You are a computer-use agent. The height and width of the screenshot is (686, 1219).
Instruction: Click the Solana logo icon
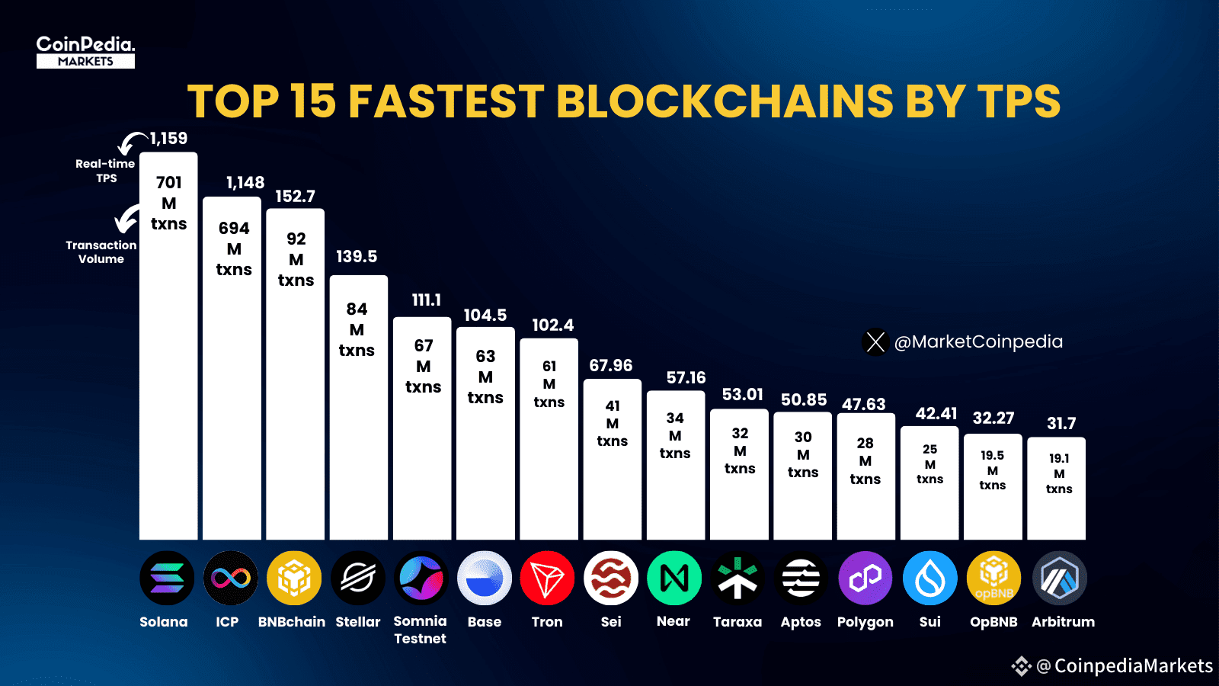pos(167,579)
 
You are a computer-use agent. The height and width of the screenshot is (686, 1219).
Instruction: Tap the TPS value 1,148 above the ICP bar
pos(245,183)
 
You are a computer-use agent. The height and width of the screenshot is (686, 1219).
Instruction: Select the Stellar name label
pos(357,622)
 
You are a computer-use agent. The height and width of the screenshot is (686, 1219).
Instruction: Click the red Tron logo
pos(547,579)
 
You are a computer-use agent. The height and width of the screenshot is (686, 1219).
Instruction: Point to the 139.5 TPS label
pos(357,257)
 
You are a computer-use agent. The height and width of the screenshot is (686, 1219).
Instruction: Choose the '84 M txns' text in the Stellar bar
pos(357,329)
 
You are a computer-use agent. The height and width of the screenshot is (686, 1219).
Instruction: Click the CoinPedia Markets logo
pos(85,52)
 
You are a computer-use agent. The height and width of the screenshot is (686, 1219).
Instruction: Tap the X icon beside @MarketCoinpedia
pos(875,341)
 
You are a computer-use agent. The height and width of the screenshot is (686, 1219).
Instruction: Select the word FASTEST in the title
pos(446,101)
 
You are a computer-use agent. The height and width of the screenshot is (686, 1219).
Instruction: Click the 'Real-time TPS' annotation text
pos(105,171)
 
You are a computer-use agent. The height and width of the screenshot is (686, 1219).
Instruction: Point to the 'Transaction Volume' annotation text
pos(101,252)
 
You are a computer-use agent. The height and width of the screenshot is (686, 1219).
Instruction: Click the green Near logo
pos(673,579)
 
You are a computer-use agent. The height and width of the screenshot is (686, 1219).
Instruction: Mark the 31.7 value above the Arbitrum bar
pos(1061,424)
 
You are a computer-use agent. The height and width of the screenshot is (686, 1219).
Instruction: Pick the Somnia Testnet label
pos(420,630)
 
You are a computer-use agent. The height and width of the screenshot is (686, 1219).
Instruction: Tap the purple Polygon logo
pos(865,579)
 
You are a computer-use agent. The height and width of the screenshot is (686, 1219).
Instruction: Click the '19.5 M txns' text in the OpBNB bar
pos(992,470)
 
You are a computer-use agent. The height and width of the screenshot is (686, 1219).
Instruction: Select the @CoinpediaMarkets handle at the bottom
pos(1124,666)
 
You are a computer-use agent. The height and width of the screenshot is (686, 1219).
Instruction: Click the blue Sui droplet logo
pos(929,579)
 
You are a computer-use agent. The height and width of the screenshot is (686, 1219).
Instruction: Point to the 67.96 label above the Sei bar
pos(610,366)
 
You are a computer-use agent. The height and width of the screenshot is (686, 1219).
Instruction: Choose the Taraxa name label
pos(737,622)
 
